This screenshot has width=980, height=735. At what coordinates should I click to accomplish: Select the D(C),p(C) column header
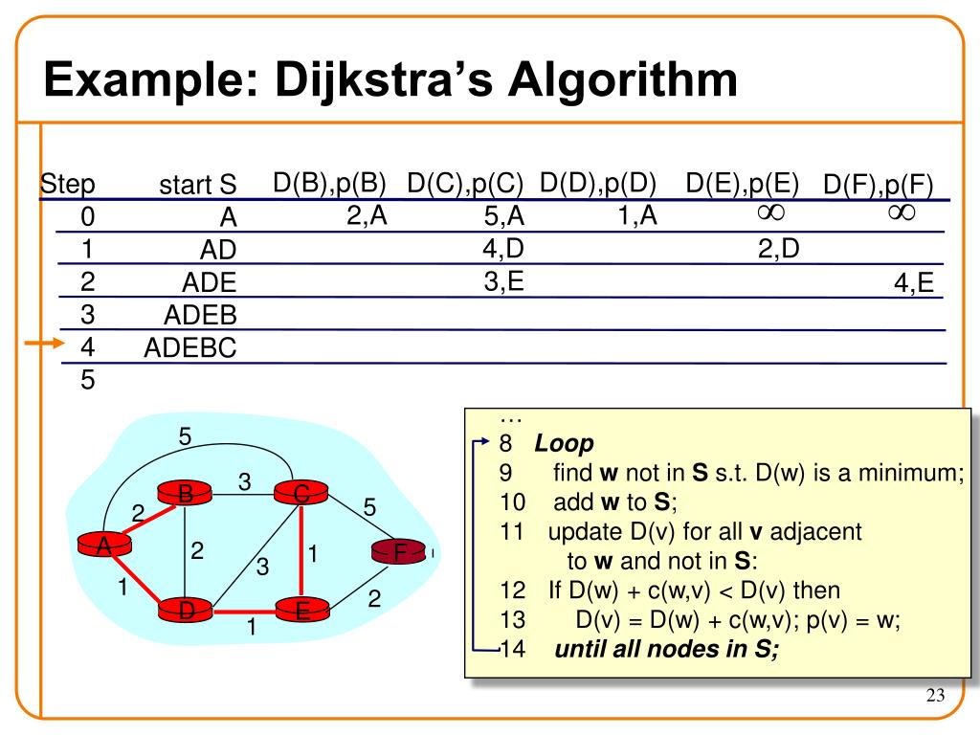coord(465,183)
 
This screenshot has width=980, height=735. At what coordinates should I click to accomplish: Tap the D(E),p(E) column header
coord(743,183)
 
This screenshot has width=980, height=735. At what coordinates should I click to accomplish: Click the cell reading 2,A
coord(367,216)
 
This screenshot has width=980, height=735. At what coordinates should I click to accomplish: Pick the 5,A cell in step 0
coord(504,218)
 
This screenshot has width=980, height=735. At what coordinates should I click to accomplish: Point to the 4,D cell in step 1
coord(503,250)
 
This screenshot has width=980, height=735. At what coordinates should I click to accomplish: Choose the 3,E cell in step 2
coord(503,281)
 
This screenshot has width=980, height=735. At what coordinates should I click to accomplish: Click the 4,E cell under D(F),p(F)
coord(915,283)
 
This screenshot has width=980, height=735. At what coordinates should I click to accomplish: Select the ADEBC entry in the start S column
coord(189,347)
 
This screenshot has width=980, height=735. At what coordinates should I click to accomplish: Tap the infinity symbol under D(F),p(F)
coord(901,212)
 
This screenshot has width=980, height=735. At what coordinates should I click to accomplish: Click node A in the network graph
coord(102,546)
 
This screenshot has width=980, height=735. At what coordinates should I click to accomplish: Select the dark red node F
coord(401,552)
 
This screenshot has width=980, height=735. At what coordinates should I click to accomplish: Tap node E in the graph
coord(301,610)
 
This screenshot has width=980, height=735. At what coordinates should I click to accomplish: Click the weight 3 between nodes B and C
coord(244,483)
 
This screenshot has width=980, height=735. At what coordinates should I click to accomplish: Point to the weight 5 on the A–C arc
coord(186,436)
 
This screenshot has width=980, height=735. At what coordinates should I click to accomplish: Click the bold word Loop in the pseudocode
coord(564,444)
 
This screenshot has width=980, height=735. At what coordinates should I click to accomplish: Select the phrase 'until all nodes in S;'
coord(667,651)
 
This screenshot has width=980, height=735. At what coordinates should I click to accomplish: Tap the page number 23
coord(935,697)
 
